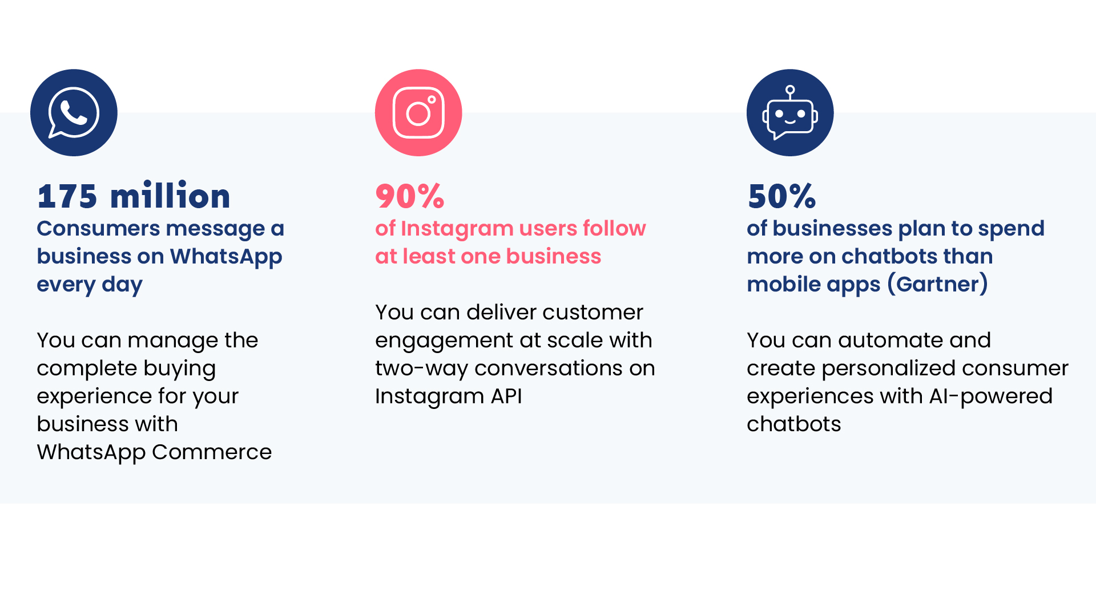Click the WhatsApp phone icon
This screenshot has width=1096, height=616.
click(x=74, y=113)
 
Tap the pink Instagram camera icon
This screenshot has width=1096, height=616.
click(x=418, y=113)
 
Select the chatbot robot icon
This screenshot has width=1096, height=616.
click(x=790, y=113)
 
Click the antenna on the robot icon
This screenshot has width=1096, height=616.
click(x=790, y=92)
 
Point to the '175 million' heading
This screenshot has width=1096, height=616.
click(x=134, y=196)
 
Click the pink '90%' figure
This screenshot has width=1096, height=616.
click(x=410, y=196)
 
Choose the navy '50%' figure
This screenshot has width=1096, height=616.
click(x=782, y=196)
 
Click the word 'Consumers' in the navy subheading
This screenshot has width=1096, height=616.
click(x=98, y=228)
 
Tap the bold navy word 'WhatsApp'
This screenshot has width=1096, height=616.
click(x=226, y=257)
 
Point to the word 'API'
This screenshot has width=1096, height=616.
click(x=506, y=396)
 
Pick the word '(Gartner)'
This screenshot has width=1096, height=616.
click(x=938, y=285)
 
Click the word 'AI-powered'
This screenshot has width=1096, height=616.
click(x=991, y=397)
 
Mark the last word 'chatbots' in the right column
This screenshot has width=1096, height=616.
click(x=794, y=424)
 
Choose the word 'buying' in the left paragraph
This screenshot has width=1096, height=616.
click(x=180, y=369)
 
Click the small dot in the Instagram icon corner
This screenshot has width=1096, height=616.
click(x=432, y=99)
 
